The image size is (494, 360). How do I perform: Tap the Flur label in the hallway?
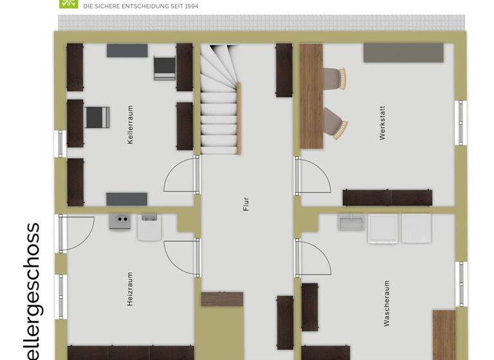coord(246,204)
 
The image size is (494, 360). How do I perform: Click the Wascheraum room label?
coord(387,303)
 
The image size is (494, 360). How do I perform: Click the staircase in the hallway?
coord(220,100)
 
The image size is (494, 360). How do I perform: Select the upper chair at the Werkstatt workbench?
coord(333,78)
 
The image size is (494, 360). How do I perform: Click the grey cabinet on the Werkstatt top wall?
coord(403,53)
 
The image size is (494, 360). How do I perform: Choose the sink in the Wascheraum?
coord(352,223)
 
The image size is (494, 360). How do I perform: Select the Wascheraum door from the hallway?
coord(312,257)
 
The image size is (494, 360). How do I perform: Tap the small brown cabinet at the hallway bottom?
coord(222,299)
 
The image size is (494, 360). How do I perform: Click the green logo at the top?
coord(67,3)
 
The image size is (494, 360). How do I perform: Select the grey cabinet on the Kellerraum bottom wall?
coord(127,199)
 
